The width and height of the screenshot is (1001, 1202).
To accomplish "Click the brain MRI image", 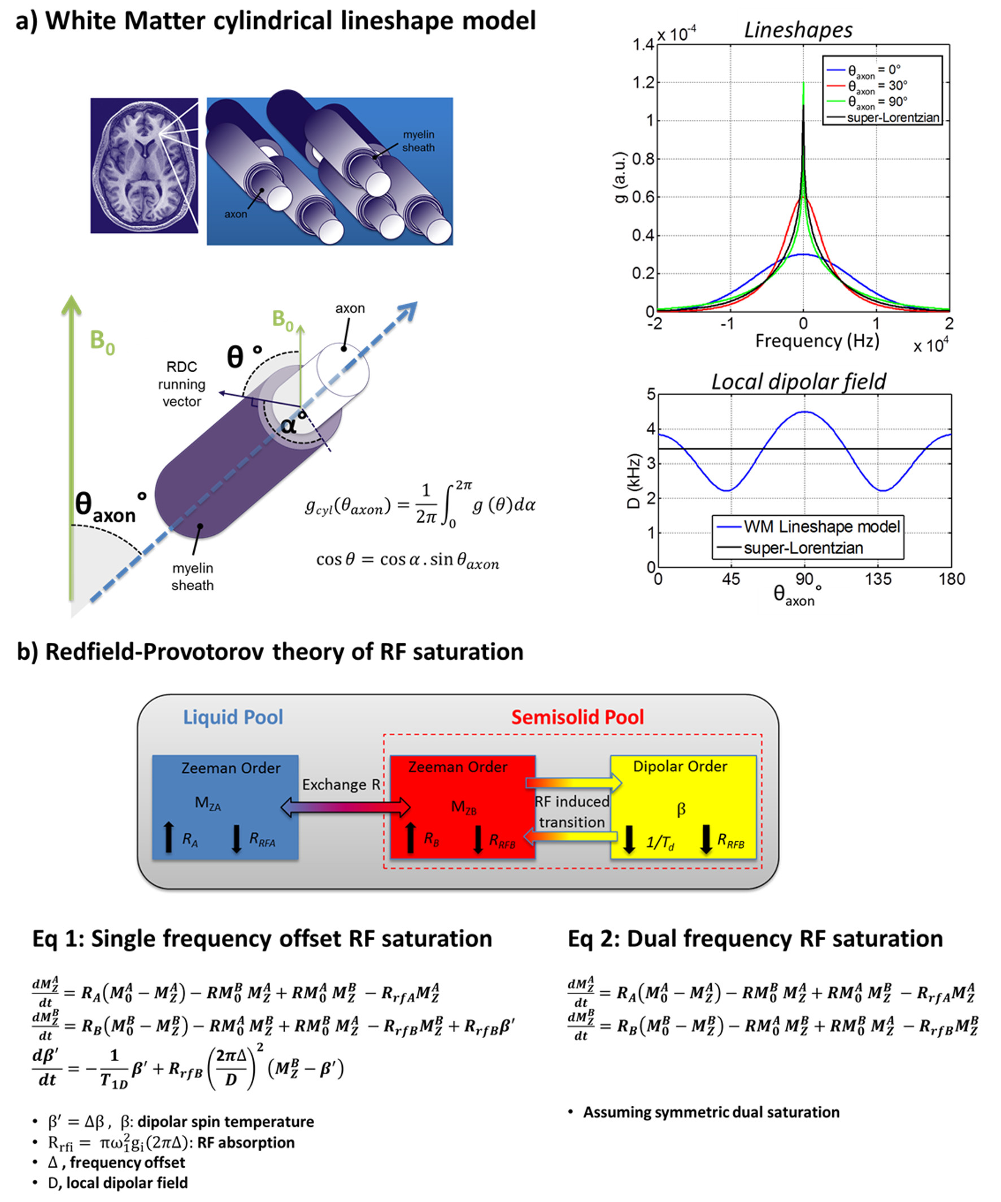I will pos(144,166).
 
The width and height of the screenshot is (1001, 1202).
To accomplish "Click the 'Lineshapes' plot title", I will pos(798,30).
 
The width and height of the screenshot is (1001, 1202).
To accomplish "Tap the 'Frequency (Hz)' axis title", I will pos(817,341).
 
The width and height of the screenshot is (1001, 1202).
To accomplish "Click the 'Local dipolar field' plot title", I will pos(799,382).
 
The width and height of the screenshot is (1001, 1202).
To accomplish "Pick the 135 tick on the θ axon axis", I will pos(878,580).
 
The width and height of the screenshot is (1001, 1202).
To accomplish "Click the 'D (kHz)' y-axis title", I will pos(633,481).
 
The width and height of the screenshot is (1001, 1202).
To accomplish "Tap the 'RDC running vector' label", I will pos(181,384).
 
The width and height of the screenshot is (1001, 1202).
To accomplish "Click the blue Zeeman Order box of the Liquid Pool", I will pos(225,807).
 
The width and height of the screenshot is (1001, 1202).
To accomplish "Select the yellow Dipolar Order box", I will pos(683,807).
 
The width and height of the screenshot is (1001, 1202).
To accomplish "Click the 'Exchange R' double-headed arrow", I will pos(346,807).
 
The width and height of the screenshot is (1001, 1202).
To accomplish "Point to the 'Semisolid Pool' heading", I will pos(577,717).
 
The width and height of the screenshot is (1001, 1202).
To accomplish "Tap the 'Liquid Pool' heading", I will pos(233,717).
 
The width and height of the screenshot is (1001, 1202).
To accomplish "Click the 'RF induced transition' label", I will pos(572,812).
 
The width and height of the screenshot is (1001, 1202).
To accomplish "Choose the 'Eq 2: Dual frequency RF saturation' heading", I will pos(755,939).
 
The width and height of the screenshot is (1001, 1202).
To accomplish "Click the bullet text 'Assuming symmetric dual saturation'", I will pos(711,1112).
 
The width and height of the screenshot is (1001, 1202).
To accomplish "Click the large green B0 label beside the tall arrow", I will pos(102,341).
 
